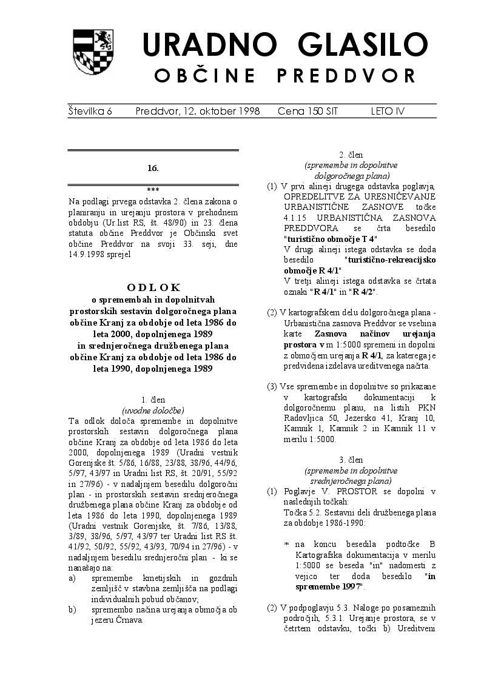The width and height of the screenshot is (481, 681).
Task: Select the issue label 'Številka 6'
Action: (x=90, y=111)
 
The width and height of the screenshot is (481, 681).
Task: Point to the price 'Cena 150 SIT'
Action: (x=308, y=111)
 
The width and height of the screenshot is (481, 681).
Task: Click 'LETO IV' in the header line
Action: (x=388, y=111)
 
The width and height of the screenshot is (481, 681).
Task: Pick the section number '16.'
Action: (x=153, y=167)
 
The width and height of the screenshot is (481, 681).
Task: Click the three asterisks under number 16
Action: (x=153, y=190)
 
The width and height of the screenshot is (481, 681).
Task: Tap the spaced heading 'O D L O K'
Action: (x=153, y=287)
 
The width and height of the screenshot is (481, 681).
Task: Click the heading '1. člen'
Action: (x=153, y=400)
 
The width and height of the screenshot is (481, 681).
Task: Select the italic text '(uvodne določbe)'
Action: (x=153, y=410)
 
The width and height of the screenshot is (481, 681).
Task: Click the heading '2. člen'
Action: (x=351, y=155)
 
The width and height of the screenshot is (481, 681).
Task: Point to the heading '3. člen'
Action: (x=351, y=460)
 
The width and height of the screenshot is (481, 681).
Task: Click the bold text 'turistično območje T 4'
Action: (x=330, y=239)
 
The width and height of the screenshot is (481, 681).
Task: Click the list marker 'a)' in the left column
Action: (x=72, y=578)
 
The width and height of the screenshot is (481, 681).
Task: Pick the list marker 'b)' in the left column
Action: (x=72, y=609)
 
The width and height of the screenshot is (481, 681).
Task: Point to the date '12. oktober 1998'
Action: (x=198, y=111)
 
